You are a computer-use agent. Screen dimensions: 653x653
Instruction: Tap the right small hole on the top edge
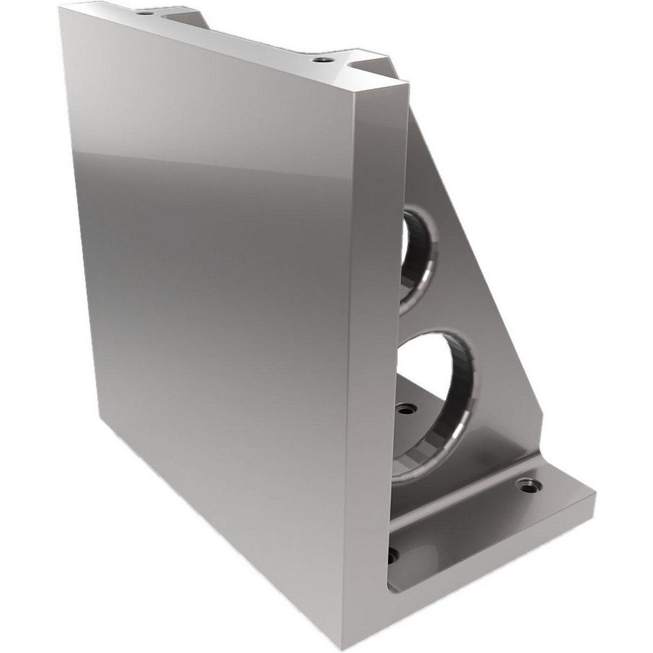(319, 59)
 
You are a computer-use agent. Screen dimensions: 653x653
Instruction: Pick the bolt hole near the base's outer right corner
(528, 485)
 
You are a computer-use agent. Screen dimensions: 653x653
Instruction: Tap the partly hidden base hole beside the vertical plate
(392, 556)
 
